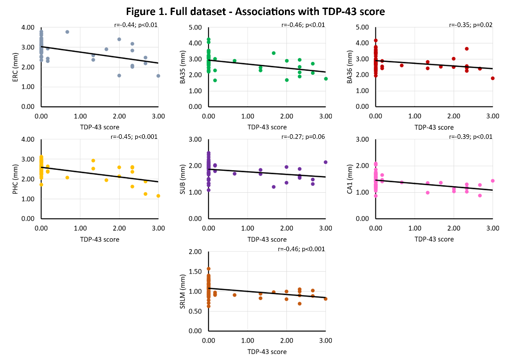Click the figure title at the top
click(x=255, y=11)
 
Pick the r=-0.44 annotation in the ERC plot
click(x=136, y=24)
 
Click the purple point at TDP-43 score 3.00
click(x=325, y=162)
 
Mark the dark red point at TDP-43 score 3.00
click(x=493, y=78)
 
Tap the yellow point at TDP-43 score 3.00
click(x=158, y=196)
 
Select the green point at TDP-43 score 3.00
click(x=325, y=78)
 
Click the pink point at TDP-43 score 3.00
click(x=493, y=181)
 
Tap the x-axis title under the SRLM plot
click(x=267, y=352)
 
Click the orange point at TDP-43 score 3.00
click(x=325, y=299)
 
